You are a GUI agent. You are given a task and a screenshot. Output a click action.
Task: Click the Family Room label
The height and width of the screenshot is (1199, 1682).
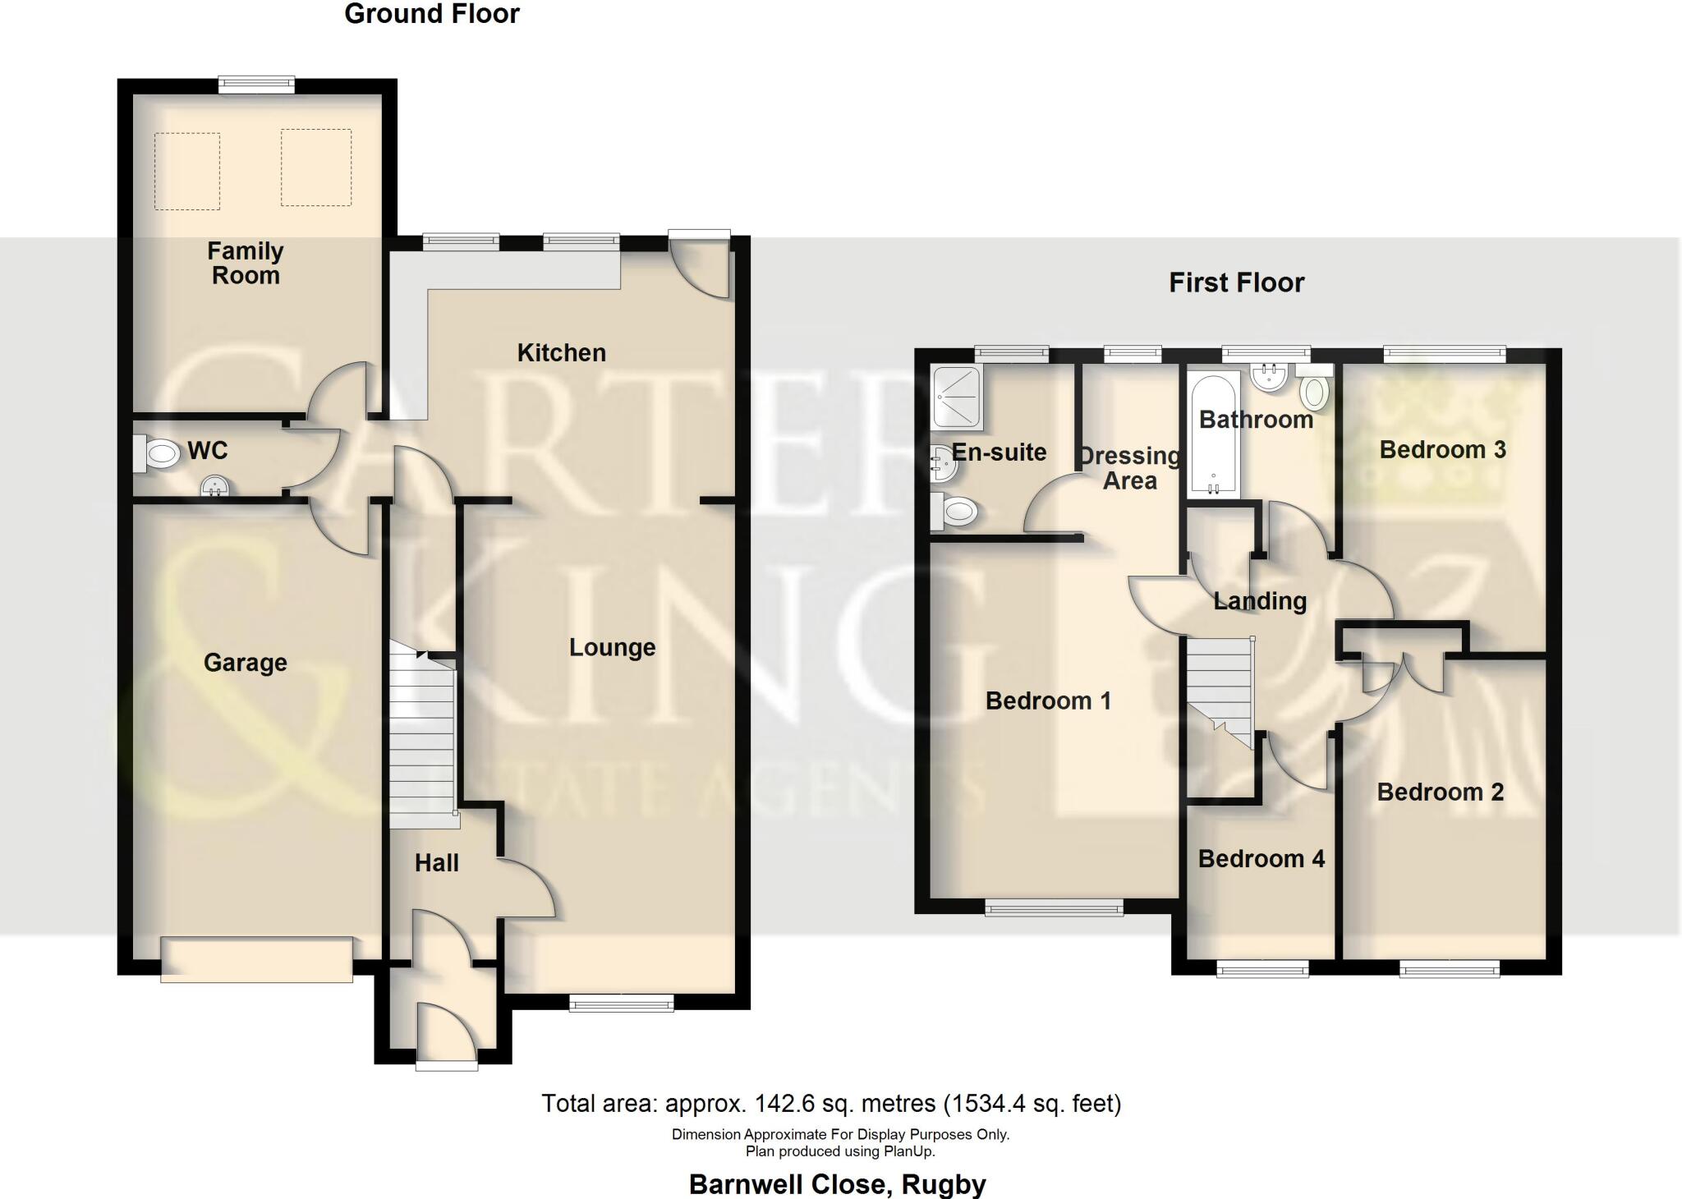point(245,263)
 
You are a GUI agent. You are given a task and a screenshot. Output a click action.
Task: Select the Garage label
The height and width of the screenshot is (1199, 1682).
point(245,662)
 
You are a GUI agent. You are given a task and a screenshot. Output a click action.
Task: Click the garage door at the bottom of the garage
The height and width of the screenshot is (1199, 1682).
point(256,959)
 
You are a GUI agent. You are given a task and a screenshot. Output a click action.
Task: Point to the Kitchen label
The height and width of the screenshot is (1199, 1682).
point(561,353)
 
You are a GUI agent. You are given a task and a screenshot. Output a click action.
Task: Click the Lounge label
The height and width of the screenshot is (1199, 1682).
point(612,647)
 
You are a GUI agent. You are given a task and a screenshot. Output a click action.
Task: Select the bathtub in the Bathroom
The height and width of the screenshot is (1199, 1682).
point(1211,435)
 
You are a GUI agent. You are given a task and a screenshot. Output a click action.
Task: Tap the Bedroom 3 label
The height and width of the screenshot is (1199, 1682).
point(1442,450)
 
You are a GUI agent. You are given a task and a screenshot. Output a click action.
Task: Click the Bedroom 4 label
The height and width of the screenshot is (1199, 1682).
point(1261,859)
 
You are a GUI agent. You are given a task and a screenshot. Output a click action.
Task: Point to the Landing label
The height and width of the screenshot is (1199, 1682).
point(1259,601)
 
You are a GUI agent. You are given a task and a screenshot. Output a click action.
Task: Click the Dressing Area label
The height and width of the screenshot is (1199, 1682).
point(1129,468)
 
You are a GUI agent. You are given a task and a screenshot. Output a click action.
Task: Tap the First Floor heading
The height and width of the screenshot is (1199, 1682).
point(1236,283)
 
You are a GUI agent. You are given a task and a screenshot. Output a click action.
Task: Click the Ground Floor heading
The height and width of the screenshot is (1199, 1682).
point(432,14)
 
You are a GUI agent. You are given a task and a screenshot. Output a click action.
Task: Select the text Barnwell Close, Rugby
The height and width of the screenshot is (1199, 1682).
point(837,1184)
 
